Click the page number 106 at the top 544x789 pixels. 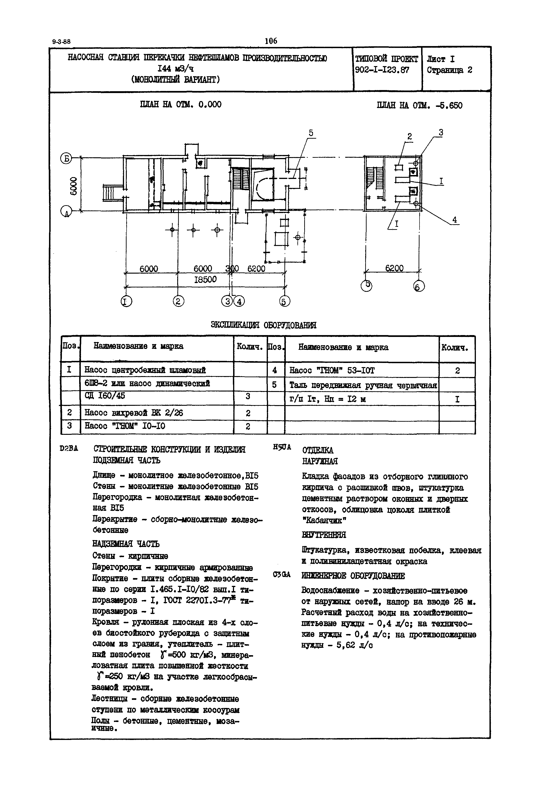271,41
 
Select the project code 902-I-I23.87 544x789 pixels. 382,70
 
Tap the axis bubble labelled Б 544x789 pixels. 66,158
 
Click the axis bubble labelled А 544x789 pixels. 66,212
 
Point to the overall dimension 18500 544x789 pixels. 205,280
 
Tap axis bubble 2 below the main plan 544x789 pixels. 178,301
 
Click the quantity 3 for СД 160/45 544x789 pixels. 248,396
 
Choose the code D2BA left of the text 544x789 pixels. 69,449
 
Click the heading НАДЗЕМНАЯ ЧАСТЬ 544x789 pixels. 126,544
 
